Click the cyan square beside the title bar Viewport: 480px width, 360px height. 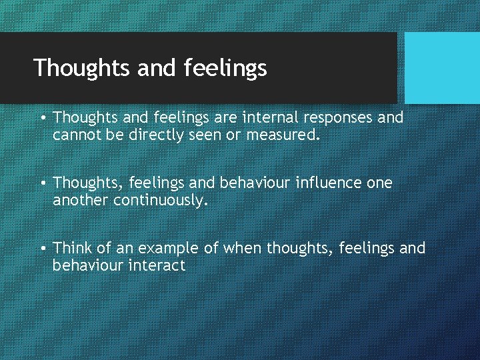[442, 67]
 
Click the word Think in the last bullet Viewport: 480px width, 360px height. [73, 248]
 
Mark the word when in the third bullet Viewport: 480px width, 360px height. [243, 248]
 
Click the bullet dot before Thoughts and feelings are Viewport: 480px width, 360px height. [42, 118]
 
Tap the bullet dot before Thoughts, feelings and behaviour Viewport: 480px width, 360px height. [42, 183]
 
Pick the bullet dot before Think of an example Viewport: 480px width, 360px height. [42, 248]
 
